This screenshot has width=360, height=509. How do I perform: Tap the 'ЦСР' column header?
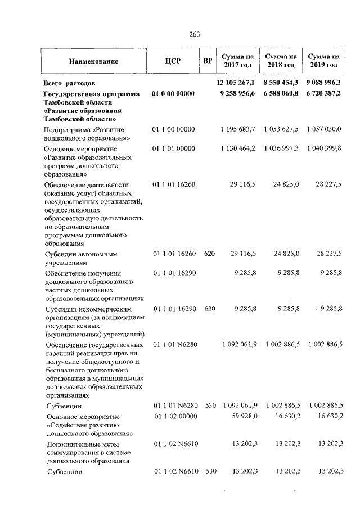tap(173, 61)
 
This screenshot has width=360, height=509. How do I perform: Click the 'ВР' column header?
tap(207, 61)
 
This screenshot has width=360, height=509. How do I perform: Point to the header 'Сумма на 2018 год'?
tap(281, 61)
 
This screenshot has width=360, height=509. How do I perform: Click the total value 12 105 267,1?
tap(236, 83)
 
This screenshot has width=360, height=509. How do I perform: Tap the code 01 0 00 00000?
tap(173, 93)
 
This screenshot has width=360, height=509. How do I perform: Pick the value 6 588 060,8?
tap(280, 93)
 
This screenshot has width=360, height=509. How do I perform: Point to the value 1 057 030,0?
tap(324, 129)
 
